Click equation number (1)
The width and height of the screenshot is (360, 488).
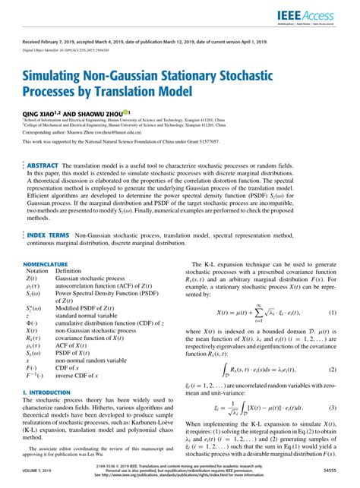[332, 313]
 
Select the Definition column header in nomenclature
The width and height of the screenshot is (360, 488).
[68, 270]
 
